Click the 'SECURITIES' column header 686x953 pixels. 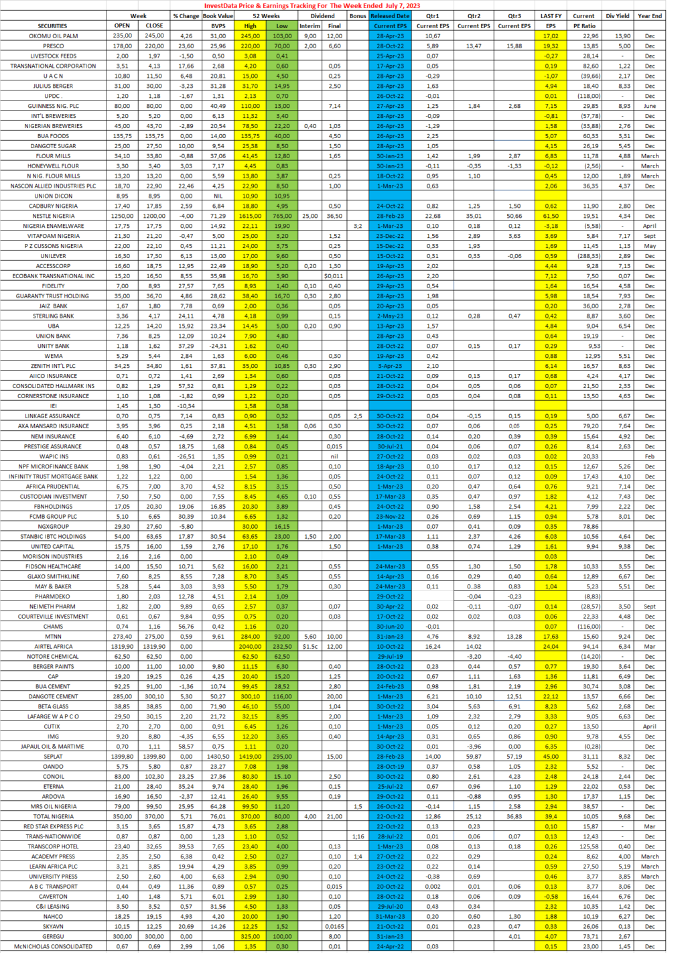(52, 26)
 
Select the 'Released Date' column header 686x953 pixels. (390, 15)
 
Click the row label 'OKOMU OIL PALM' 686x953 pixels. (53, 36)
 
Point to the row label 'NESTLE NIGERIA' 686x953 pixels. (53, 216)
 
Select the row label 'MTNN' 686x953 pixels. (53, 637)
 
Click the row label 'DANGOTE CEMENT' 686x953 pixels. (53, 696)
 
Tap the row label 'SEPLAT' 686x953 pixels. (53, 757)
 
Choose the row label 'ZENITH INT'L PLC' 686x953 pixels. (53, 366)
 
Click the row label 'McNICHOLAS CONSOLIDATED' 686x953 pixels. (53, 946)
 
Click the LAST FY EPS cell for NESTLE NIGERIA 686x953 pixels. (551, 216)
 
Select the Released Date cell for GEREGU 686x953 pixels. (390, 936)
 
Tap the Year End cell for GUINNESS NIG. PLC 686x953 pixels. (650, 106)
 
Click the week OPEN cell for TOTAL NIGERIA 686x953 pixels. (123, 816)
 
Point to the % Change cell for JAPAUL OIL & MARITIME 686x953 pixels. (186, 747)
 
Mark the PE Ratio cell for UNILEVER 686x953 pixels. (584, 256)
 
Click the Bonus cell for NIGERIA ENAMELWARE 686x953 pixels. (358, 226)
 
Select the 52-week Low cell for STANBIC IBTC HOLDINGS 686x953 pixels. (282, 536)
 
